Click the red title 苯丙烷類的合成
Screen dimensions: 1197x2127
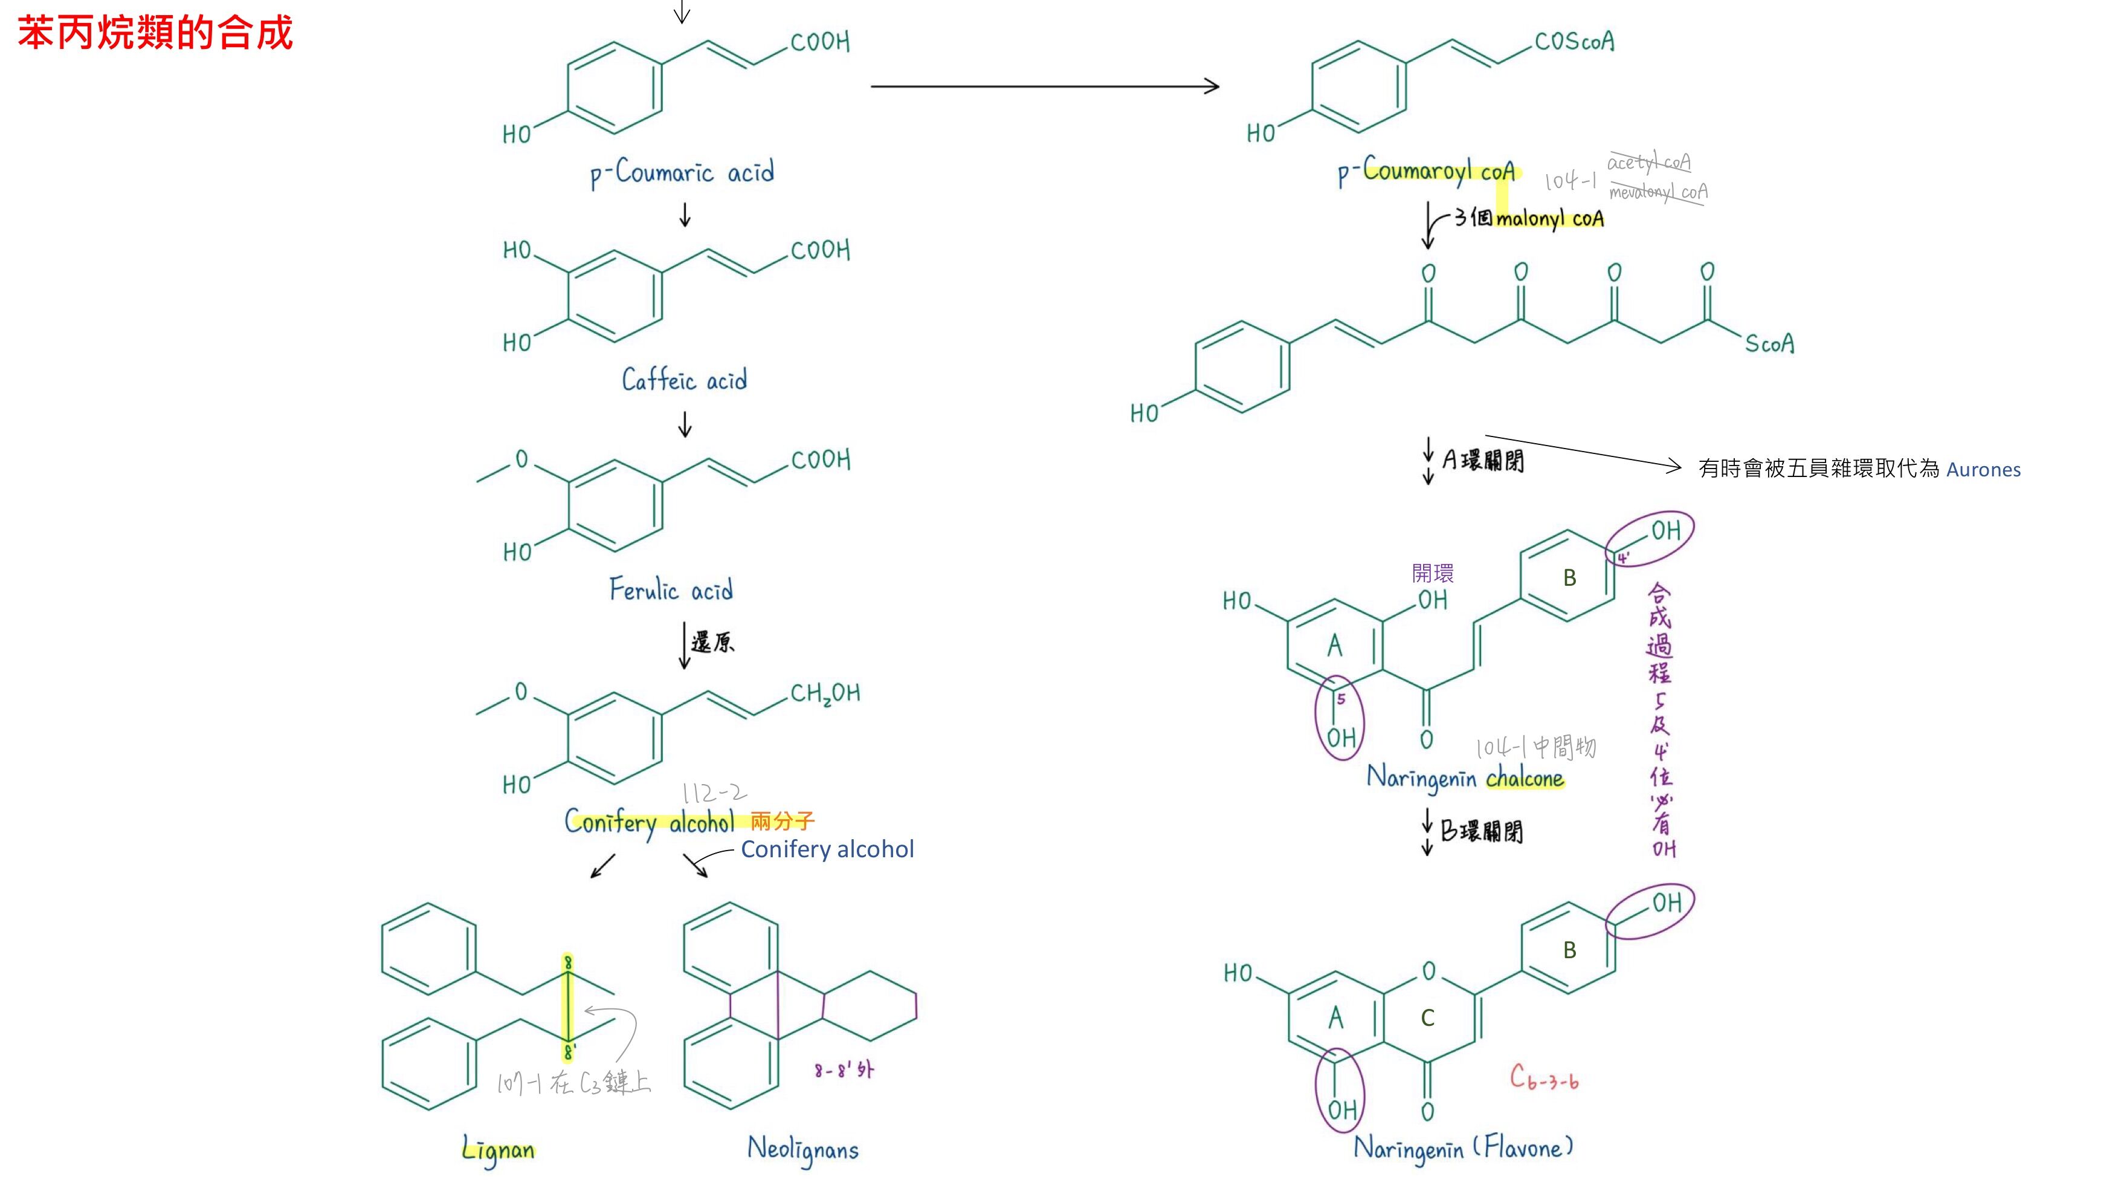click(x=155, y=34)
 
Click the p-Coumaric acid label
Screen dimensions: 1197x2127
click(x=682, y=174)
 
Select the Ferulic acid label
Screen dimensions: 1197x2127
click(x=671, y=589)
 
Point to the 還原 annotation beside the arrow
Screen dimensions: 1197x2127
click(x=712, y=642)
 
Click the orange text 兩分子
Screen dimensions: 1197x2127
click(x=782, y=820)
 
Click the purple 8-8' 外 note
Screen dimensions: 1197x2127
click(x=843, y=1071)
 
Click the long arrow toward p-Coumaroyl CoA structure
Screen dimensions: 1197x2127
click(x=1045, y=86)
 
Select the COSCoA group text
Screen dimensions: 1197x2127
click(x=1573, y=41)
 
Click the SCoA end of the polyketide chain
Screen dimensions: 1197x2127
click(x=1769, y=343)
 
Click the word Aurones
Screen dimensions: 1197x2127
click(x=1983, y=469)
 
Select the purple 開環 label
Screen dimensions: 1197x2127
click(x=1433, y=573)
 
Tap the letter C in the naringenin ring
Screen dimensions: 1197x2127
click(x=1428, y=1017)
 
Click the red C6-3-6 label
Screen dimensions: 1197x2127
click(x=1544, y=1077)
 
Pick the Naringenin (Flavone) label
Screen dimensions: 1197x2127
click(x=1463, y=1148)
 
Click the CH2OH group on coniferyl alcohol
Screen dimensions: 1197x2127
click(x=825, y=693)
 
